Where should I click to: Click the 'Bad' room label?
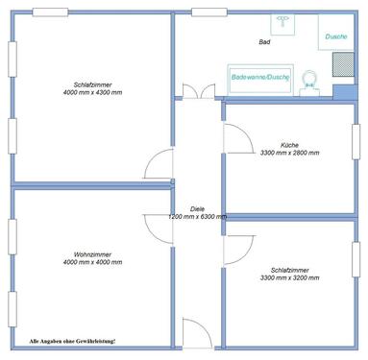tap(265, 43)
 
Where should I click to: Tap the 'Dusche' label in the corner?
tap(335, 36)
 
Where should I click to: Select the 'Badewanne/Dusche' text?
tap(259, 78)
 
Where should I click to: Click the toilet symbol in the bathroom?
tap(309, 79)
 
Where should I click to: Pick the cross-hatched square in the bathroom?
tap(342, 65)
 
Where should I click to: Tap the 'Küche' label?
tap(289, 145)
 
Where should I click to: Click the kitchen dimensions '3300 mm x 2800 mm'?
tap(289, 153)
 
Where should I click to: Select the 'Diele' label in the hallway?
tap(197, 208)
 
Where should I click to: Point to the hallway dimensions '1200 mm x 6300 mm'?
tap(197, 217)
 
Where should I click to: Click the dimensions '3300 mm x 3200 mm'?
tap(289, 278)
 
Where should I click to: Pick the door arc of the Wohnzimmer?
tap(157, 227)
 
